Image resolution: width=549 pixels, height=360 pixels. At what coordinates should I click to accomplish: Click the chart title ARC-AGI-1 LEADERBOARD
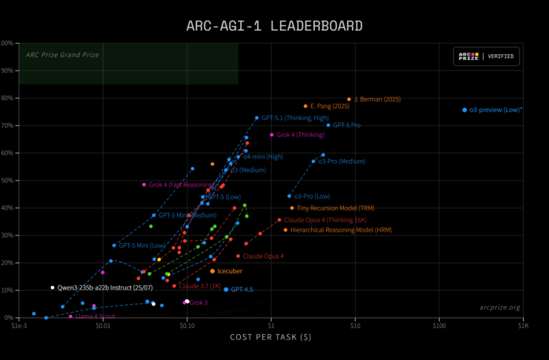(x=274, y=26)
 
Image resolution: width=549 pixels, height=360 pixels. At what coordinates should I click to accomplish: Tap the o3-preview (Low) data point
(x=465, y=110)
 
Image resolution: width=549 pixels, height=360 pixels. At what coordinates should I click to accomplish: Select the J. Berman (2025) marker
(x=349, y=99)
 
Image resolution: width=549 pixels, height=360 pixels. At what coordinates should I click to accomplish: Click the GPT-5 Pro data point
(x=328, y=125)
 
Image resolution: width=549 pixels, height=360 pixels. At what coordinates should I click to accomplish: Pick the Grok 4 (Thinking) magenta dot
(x=272, y=135)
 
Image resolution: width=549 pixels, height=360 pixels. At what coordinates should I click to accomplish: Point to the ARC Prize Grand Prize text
(x=62, y=54)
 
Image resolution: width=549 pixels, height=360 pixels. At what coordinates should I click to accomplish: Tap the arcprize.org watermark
(x=499, y=307)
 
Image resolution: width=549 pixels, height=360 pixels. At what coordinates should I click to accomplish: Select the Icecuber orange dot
(x=212, y=271)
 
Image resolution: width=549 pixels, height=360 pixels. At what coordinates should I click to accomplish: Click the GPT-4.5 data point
(x=226, y=290)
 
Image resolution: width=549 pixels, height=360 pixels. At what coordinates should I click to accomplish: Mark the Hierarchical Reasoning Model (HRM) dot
(x=285, y=230)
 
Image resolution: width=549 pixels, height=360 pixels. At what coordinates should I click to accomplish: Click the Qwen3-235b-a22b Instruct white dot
(x=53, y=287)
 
